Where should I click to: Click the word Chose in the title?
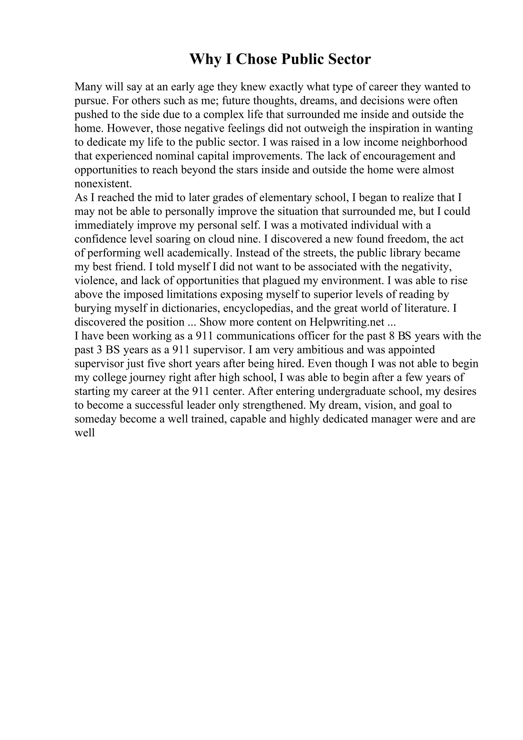tap(256, 59)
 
